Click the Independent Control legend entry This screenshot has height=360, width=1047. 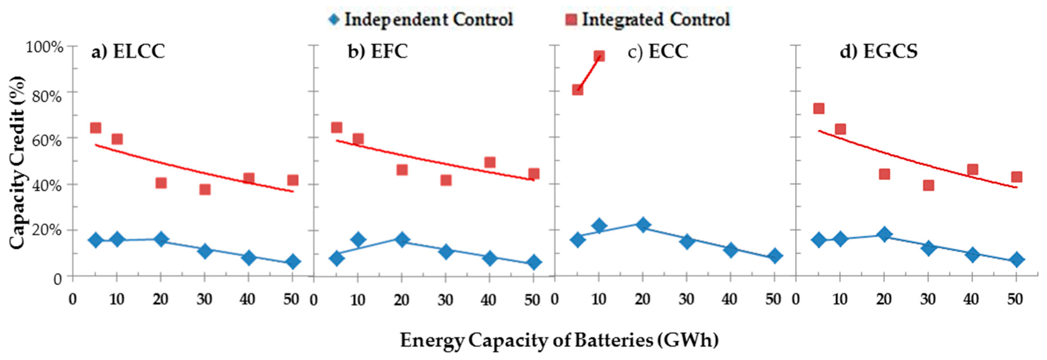point(421,20)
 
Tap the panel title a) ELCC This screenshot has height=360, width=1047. point(128,52)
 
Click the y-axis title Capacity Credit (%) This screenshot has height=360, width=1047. point(17,163)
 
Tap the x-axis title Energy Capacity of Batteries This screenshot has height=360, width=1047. point(559,340)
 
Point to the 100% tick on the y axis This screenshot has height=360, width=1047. point(45,47)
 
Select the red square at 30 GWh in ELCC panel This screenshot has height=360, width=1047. point(205,189)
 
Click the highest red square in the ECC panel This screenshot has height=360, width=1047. point(599,56)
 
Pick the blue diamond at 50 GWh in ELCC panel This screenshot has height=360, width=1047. point(292,262)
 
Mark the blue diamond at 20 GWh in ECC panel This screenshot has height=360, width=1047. point(643,225)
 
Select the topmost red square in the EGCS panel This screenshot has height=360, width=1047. point(819,108)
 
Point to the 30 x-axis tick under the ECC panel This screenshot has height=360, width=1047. point(686,300)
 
